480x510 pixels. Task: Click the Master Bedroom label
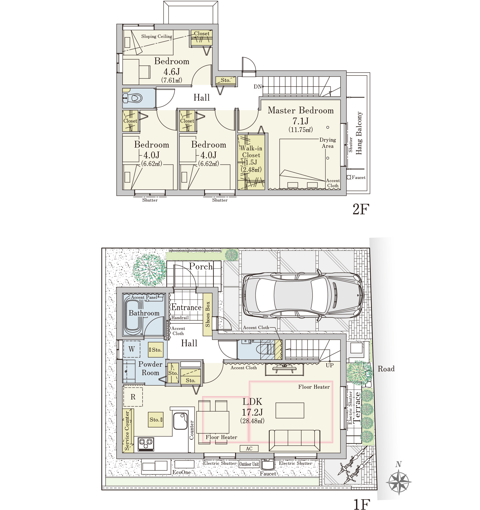[x=301, y=110]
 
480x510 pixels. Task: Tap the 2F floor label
[x=361, y=209]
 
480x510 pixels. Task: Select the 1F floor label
[x=362, y=504]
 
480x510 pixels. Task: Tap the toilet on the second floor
[x=133, y=98]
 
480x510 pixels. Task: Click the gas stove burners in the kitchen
[x=146, y=444]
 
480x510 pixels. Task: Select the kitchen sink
[x=180, y=421]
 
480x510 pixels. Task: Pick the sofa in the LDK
[x=294, y=440]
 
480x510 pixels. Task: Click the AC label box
[x=249, y=448]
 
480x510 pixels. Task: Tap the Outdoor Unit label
[x=249, y=464]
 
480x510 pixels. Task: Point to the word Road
[x=386, y=369]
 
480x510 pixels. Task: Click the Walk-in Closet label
[x=251, y=152]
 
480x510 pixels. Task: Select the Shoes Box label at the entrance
[x=208, y=314]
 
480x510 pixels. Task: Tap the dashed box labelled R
[x=133, y=397]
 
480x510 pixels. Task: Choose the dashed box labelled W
[x=132, y=349]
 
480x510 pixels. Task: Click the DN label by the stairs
[x=258, y=87]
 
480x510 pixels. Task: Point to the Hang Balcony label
[x=359, y=133]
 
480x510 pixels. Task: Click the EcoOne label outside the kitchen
[x=182, y=472]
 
